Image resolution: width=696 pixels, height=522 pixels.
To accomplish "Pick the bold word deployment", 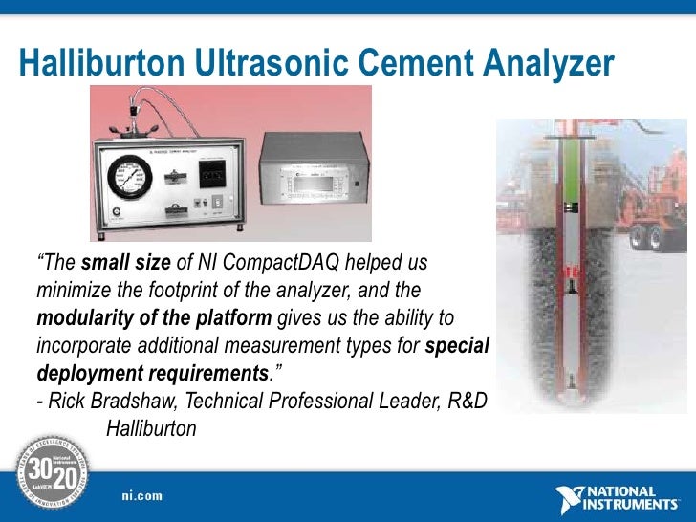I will click(87, 372).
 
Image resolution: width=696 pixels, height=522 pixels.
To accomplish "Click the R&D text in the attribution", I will click(465, 401).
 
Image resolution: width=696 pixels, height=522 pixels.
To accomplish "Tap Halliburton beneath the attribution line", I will click(151, 428).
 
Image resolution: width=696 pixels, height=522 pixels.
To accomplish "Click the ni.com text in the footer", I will click(141, 495).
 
